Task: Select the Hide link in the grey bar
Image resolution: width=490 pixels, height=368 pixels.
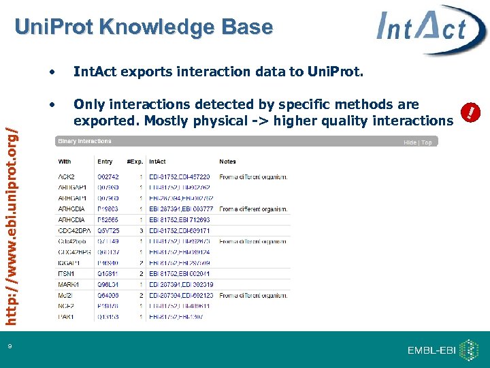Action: click(x=410, y=142)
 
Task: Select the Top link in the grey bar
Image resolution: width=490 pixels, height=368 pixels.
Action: click(x=427, y=142)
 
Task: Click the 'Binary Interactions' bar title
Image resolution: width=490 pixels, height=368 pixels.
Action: click(x=85, y=141)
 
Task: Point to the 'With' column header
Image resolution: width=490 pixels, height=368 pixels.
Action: click(x=65, y=162)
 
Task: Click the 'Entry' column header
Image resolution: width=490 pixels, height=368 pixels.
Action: click(x=105, y=162)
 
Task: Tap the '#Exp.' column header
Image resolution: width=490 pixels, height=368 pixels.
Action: click(x=135, y=162)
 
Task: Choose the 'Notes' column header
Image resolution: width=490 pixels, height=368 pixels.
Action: click(x=227, y=162)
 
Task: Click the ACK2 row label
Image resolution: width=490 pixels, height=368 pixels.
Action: click(x=67, y=177)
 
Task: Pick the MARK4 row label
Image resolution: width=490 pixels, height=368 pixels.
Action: click(x=69, y=284)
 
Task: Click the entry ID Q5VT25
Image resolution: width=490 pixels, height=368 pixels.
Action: click(x=108, y=231)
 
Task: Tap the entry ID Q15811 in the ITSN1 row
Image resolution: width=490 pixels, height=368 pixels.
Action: click(x=108, y=274)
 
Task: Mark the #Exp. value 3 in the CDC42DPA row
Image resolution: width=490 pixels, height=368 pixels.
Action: click(x=141, y=231)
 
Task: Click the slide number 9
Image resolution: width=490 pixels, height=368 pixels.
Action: click(x=10, y=347)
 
